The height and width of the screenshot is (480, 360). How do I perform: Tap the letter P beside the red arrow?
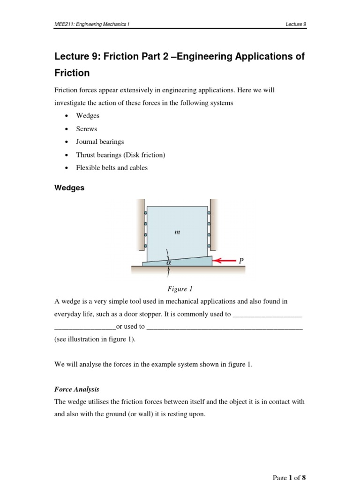point(241,261)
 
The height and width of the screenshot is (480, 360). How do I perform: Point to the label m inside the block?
point(177,232)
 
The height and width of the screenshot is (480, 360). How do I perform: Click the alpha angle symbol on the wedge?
point(168,263)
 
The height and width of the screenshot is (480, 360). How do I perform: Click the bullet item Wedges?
point(88,115)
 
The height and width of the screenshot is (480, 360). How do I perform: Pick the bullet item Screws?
point(87,128)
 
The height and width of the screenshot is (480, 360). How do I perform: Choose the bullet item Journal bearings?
point(100,142)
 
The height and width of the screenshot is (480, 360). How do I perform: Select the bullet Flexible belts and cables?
point(112,168)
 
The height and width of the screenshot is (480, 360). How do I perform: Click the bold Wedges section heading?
point(69,187)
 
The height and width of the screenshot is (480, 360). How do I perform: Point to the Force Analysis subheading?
point(77,389)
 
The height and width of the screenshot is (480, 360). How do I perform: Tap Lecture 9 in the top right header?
point(296,24)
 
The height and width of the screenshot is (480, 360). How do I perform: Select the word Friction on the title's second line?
point(72,73)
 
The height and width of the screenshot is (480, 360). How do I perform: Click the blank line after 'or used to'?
point(225,327)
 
